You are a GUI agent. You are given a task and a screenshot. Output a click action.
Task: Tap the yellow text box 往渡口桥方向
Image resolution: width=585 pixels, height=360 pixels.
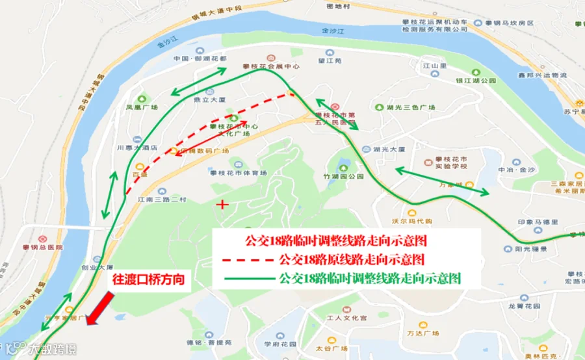[149, 280]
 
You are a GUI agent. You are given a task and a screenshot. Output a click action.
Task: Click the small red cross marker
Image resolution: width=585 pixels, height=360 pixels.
[223, 205]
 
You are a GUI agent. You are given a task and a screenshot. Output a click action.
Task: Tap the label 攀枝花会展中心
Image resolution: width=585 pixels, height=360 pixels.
[271, 66]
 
